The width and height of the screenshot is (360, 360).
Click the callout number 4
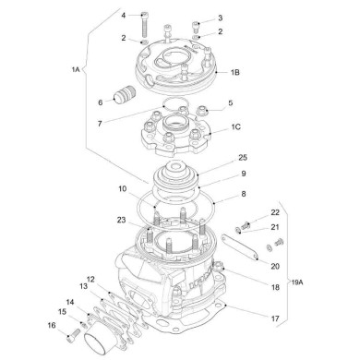pos(123,16)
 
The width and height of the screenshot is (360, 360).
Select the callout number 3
pos(220,17)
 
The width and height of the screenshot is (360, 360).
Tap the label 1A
pos(75,68)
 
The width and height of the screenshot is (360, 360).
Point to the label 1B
pos(235,71)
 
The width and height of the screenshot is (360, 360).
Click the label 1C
pos(236,127)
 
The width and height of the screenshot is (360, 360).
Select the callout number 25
pos(242,158)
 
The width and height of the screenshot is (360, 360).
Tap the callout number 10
pos(123,190)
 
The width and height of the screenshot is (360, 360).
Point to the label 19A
pos(295,281)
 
